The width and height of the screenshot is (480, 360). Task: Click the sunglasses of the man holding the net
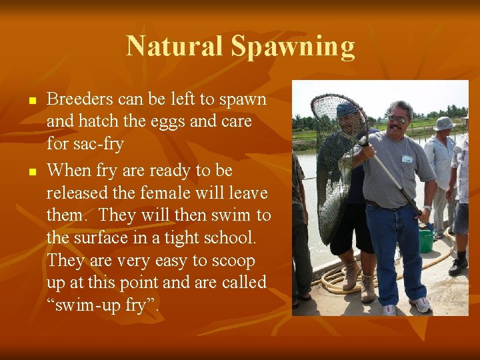pyautogui.click(x=398, y=119)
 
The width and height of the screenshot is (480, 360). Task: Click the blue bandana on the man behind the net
pyautogui.click(x=347, y=109)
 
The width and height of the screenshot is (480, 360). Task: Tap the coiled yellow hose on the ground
pyautogui.click(x=333, y=279)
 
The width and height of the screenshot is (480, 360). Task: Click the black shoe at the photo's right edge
pyautogui.click(x=458, y=266)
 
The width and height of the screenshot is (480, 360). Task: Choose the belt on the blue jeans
pyautogui.click(x=387, y=205)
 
